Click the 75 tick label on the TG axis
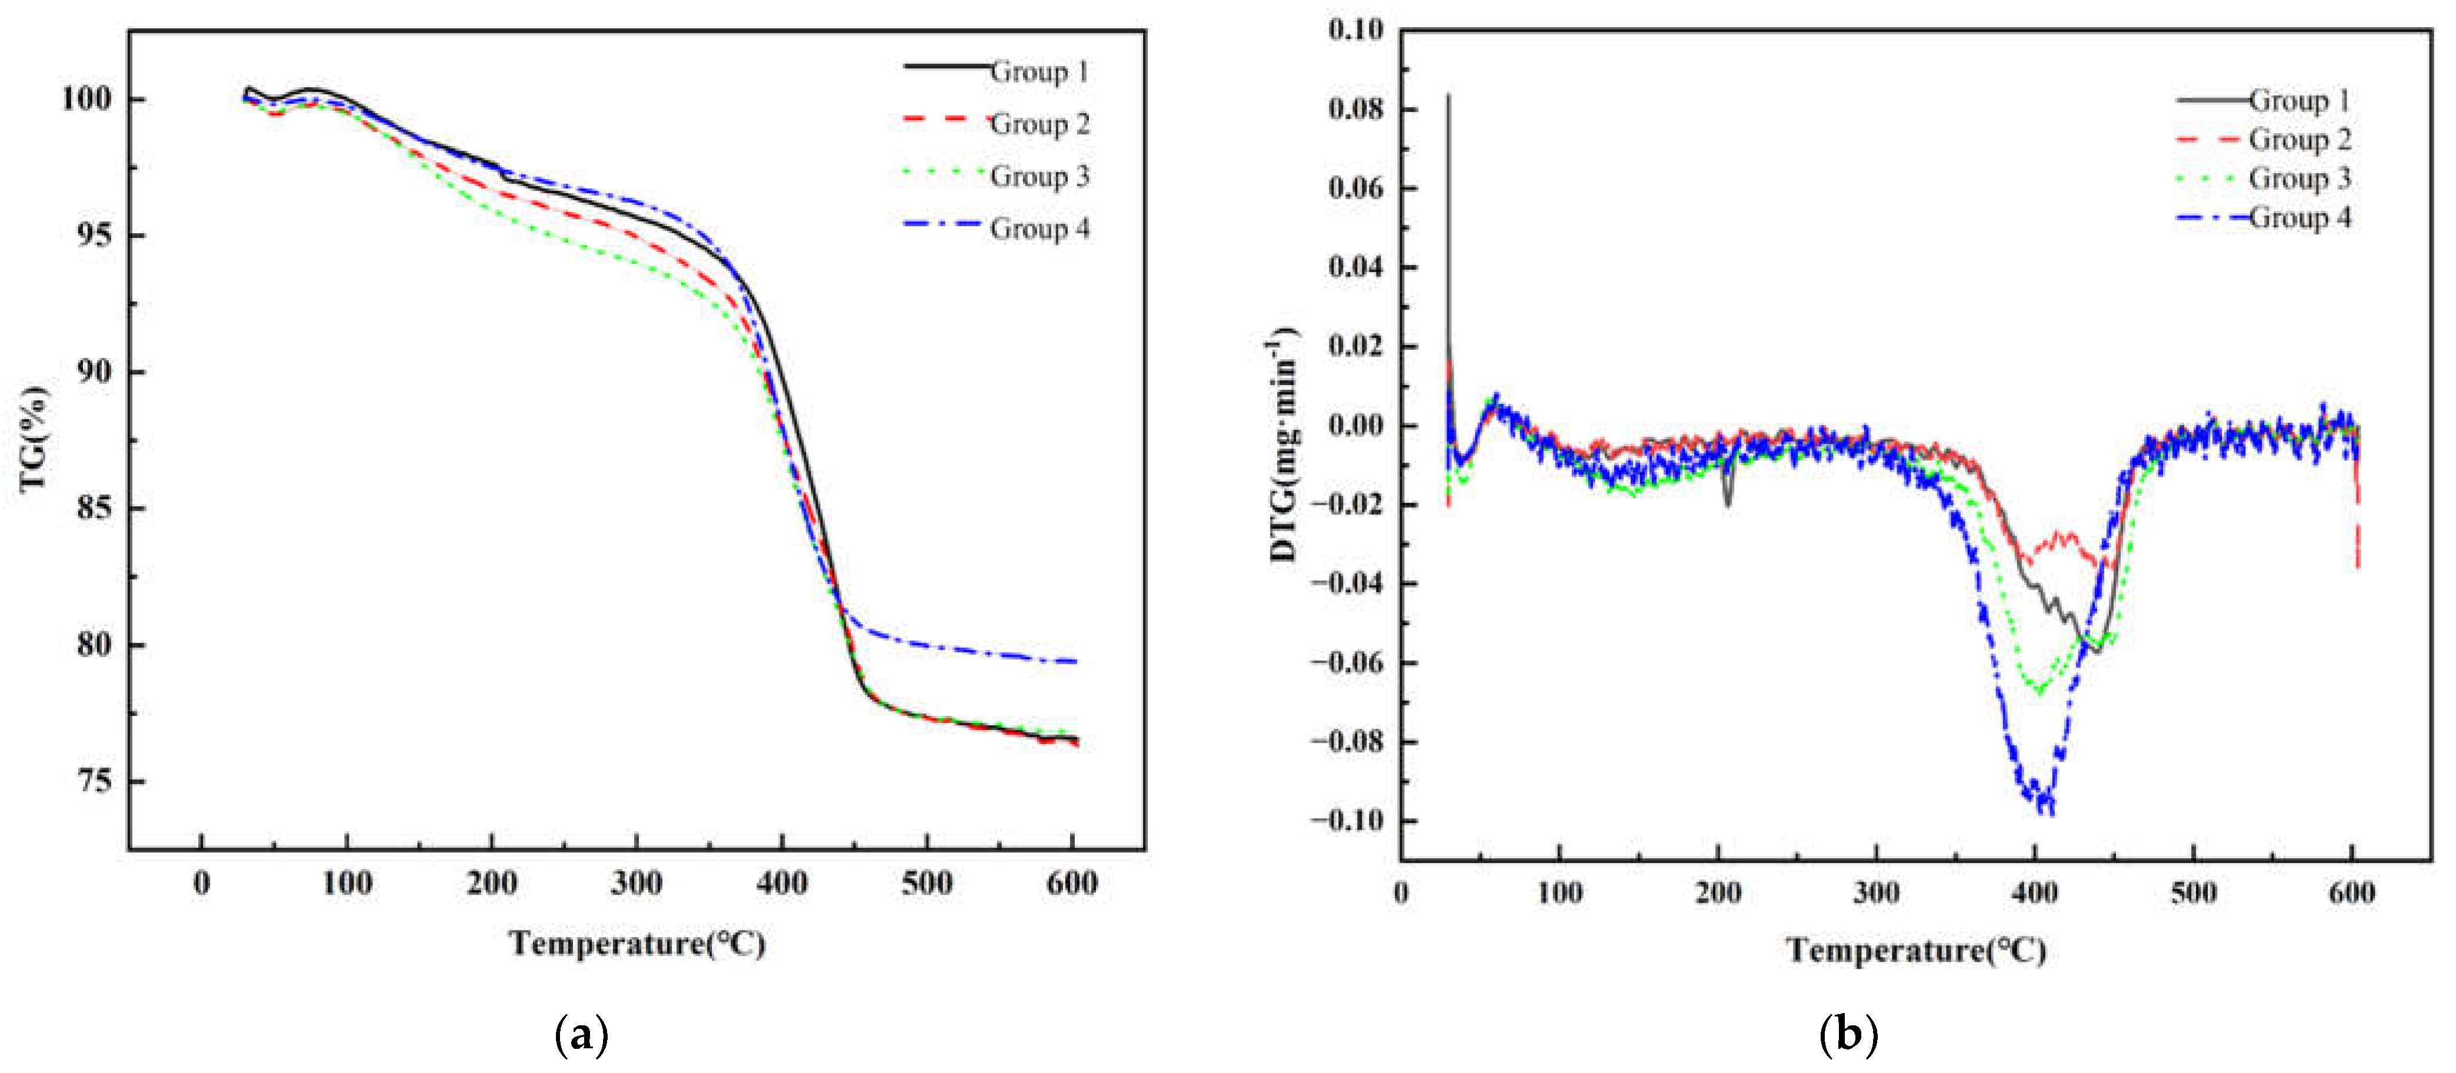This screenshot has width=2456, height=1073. (x=94, y=781)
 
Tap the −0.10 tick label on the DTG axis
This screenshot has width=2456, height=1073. (x=1346, y=820)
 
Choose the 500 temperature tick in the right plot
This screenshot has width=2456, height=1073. (x=2193, y=893)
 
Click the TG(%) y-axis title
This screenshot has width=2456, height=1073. (x=34, y=438)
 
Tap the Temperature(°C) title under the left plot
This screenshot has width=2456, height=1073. (x=637, y=944)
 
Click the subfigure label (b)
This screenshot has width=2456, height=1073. (x=1848, y=1035)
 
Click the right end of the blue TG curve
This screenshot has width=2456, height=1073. (x=1075, y=661)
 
